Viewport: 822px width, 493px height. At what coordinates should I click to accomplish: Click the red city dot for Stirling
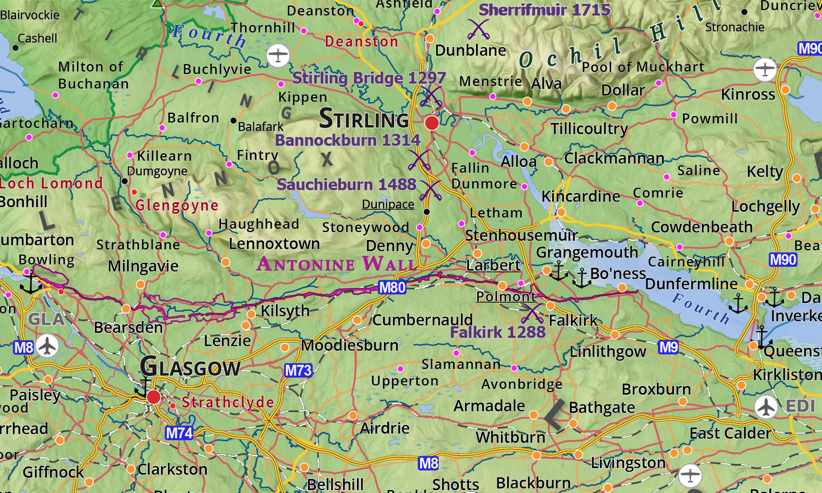click(x=432, y=123)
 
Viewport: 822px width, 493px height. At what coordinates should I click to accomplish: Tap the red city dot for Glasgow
click(x=154, y=397)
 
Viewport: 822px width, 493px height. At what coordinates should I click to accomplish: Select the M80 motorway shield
click(x=392, y=287)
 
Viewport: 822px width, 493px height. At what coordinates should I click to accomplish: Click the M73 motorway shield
click(x=298, y=371)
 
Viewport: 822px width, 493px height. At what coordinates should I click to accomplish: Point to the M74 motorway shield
click(x=179, y=433)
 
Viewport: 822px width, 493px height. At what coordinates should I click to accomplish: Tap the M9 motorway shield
click(x=668, y=348)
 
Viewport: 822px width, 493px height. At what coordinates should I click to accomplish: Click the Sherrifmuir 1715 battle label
click(x=545, y=10)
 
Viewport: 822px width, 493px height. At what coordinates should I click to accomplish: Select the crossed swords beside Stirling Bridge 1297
click(x=431, y=97)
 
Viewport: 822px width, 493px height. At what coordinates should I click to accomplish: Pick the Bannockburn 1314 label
click(x=347, y=141)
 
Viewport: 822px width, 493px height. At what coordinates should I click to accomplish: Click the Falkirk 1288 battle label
click(x=498, y=332)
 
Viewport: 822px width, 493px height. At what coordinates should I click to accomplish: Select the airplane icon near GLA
click(x=47, y=346)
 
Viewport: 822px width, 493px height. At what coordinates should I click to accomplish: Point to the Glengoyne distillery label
click(x=177, y=205)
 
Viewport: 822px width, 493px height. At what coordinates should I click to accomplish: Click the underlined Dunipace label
click(x=388, y=204)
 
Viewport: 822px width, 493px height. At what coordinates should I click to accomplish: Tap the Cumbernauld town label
click(x=423, y=320)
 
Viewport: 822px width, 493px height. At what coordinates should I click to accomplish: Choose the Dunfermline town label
click(x=691, y=284)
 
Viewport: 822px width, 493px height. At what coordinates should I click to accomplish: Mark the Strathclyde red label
click(x=228, y=402)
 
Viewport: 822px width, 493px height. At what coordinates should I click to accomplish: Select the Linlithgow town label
click(x=608, y=352)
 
